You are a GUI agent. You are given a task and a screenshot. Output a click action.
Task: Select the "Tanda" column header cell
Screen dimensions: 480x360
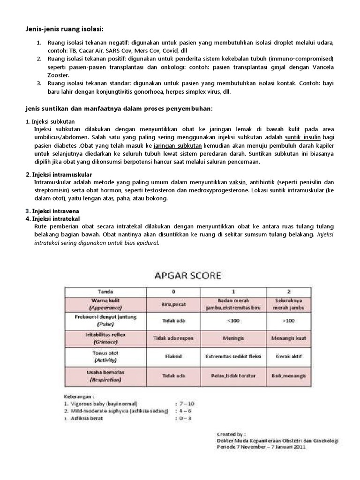(105, 291)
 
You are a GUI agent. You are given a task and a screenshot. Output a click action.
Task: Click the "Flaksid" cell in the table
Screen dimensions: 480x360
(173, 356)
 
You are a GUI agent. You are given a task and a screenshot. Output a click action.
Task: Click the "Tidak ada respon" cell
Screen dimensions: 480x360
(173, 337)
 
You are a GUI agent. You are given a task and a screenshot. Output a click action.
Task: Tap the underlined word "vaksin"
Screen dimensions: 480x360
(238, 182)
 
